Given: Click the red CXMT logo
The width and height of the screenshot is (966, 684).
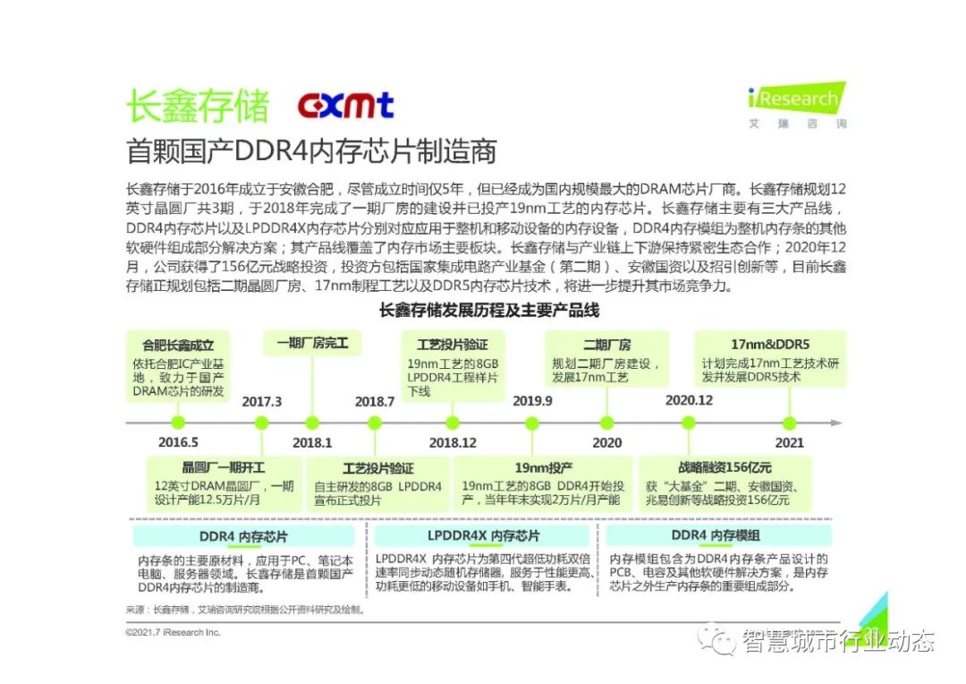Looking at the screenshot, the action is tap(345, 107).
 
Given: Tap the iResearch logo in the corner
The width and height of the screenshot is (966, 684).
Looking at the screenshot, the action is tap(796, 105).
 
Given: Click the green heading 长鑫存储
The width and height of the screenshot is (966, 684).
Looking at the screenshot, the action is tap(197, 106).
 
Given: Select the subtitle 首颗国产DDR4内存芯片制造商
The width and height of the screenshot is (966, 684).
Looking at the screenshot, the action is tap(310, 150).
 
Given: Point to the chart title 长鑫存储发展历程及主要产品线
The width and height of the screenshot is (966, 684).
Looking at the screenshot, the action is tap(488, 311).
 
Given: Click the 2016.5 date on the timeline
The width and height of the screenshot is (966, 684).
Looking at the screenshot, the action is tap(178, 442).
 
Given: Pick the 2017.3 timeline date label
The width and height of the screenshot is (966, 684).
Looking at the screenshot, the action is tap(261, 401).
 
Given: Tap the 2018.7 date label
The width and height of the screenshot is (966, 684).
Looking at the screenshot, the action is tap(375, 401).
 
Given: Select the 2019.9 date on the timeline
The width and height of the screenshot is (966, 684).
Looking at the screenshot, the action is tap(532, 401).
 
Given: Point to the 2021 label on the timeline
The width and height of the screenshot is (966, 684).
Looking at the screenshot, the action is tap(789, 442).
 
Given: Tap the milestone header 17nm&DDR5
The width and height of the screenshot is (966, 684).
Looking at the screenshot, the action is tap(769, 344).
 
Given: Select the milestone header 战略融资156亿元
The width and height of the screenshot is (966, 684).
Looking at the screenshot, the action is tap(724, 467).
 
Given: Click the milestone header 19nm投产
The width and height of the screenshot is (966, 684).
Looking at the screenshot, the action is tap(543, 467).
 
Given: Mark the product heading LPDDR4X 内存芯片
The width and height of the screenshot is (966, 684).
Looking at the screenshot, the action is tap(483, 535).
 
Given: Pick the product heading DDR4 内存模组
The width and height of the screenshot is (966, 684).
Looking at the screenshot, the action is tap(716, 535).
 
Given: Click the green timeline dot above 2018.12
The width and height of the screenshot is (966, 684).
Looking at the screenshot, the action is tap(452, 423).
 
